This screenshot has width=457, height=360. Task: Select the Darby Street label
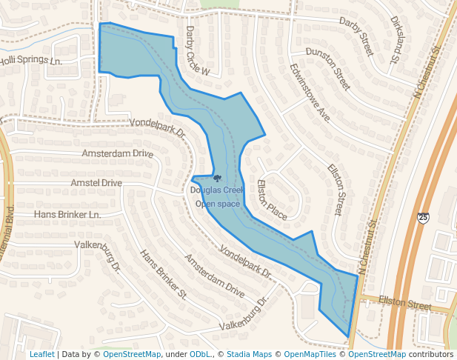pyautogui.click(x=356, y=36)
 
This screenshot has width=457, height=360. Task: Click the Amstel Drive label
pyautogui.click(x=96, y=183)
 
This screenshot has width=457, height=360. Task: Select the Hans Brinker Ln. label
pyautogui.click(x=67, y=215)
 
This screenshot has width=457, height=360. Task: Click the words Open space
pyautogui.click(x=217, y=204)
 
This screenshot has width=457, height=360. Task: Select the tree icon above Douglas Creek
pyautogui.click(x=217, y=179)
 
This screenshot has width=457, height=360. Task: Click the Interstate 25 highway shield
pyautogui.click(x=422, y=218)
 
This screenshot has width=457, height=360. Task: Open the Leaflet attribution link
pyautogui.click(x=41, y=355)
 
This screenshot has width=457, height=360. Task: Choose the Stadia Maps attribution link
pyautogui.click(x=249, y=355)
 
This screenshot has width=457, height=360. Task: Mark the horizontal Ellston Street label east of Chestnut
pyautogui.click(x=404, y=304)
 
